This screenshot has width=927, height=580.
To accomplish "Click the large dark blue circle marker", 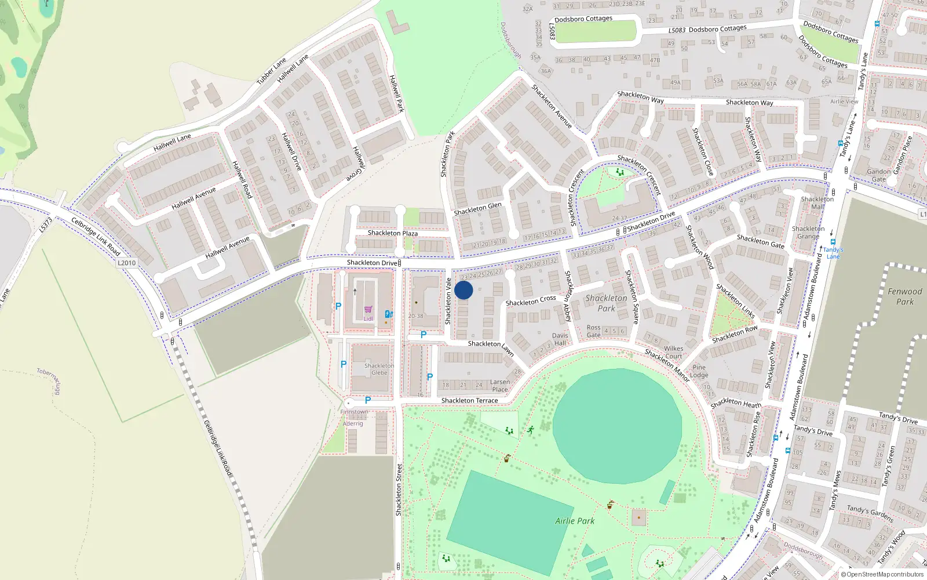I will [x=463, y=290].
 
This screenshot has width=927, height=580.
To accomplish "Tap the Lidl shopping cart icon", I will [x=368, y=310].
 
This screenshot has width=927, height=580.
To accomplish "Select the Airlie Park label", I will [x=575, y=521].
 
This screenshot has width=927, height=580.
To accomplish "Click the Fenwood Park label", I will [x=904, y=296].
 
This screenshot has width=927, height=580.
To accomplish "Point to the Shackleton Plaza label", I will [x=392, y=233].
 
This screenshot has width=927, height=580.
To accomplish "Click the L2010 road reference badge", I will [x=126, y=263].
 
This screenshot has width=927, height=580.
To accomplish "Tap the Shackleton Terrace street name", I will [x=469, y=401].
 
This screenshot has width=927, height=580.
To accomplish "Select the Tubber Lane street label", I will [x=271, y=71].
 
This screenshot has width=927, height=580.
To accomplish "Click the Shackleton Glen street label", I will [x=477, y=209].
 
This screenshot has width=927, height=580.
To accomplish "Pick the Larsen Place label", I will [x=499, y=386].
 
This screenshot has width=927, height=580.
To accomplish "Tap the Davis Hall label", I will [x=560, y=339].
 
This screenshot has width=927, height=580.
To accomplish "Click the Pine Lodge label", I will [x=699, y=371].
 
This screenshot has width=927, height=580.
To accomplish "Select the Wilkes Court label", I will [x=673, y=353].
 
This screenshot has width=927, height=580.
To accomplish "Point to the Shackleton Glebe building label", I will [x=379, y=369].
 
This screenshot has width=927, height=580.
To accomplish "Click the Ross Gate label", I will [x=593, y=331].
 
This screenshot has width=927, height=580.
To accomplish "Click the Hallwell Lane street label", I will [x=172, y=142].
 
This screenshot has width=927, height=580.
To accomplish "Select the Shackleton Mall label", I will [x=817, y=202].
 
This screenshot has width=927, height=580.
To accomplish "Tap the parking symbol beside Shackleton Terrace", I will [x=367, y=400].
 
